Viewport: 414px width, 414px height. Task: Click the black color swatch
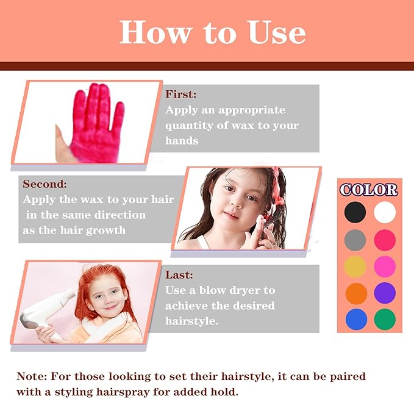pos(355,212)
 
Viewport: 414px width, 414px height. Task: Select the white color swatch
pos(385,212)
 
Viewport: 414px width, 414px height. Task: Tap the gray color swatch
pos(355,240)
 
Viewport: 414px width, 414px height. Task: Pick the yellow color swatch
pos(355,266)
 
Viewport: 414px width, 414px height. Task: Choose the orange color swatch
pos(356,293)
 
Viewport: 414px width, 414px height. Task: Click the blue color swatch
pos(356,319)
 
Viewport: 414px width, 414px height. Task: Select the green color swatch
pos(385,319)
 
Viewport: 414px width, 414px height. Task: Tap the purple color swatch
pos(385,293)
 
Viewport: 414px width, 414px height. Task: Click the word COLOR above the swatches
pos(369,190)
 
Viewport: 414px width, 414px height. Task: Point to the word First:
pos(181,95)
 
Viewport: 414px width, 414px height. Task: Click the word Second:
pos(45,184)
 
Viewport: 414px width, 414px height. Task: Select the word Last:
pos(179,275)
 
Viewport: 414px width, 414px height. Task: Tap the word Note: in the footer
pos(32,376)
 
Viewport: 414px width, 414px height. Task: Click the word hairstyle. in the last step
pos(192,321)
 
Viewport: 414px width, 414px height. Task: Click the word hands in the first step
pos(182,140)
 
